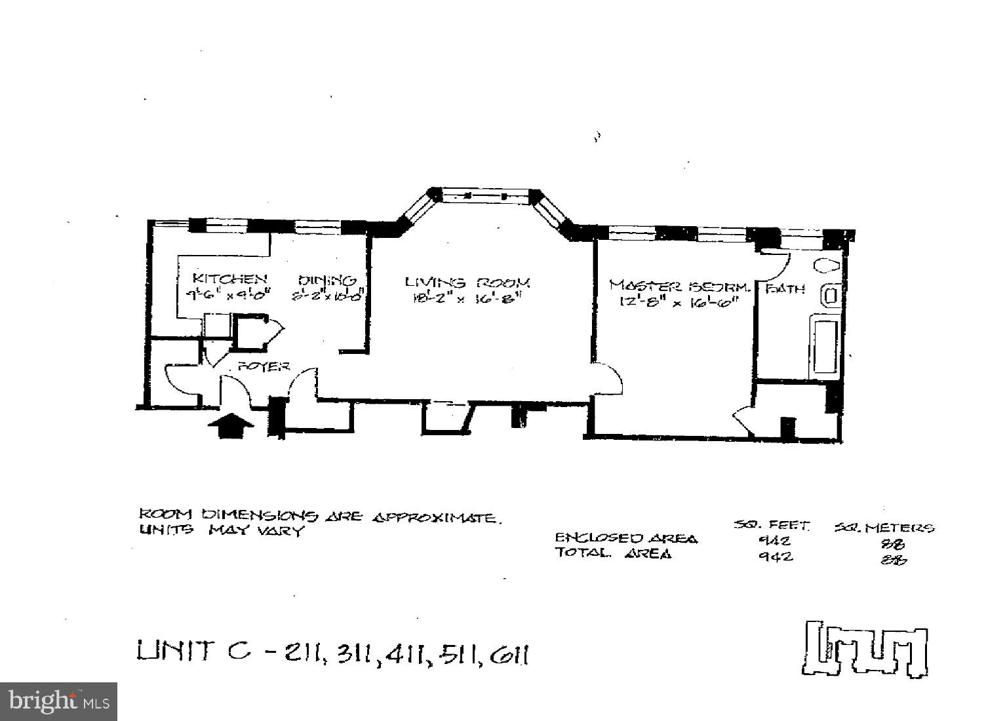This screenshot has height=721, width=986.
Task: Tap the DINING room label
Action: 327,281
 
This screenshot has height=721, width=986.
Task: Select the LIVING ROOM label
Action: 467,283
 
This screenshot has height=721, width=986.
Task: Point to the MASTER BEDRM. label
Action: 679,286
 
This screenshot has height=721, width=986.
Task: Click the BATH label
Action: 785,288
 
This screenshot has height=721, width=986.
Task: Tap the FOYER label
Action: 264,366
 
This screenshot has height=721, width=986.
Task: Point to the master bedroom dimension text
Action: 679,302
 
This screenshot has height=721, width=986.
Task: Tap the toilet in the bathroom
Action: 827,265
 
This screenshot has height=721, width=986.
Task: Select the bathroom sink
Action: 830,295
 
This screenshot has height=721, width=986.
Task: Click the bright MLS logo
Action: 58,701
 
